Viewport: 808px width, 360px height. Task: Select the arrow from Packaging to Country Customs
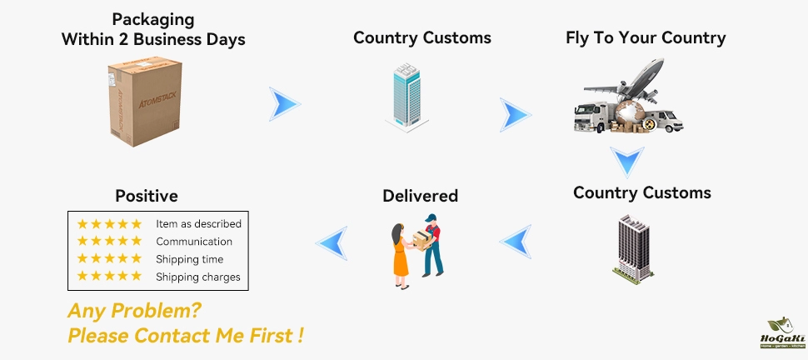pyautogui.click(x=284, y=104)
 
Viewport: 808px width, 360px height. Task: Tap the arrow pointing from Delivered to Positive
pyautogui.click(x=331, y=242)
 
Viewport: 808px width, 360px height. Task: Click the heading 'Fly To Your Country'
pyautogui.click(x=646, y=37)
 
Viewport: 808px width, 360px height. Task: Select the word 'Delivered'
pyautogui.click(x=420, y=196)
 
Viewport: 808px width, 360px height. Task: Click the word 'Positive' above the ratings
pyautogui.click(x=147, y=196)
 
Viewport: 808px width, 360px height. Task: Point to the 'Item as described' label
pyautogui.click(x=198, y=223)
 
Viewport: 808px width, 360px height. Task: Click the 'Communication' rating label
pyautogui.click(x=194, y=242)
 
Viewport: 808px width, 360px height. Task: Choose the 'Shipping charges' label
pyautogui.click(x=197, y=277)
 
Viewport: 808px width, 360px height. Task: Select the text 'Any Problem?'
pyautogui.click(x=133, y=311)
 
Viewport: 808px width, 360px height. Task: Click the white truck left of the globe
pyautogui.click(x=592, y=117)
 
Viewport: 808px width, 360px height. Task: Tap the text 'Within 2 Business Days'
pyautogui.click(x=153, y=38)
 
